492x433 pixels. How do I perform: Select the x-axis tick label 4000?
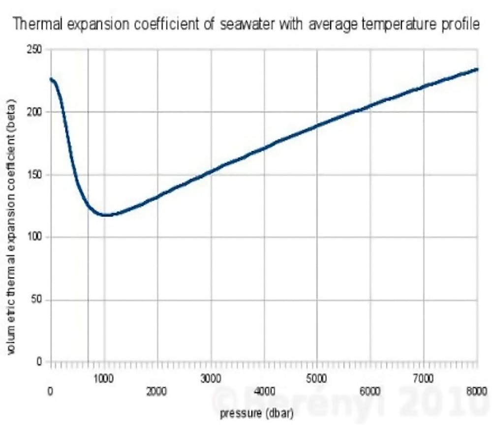[x=264, y=391]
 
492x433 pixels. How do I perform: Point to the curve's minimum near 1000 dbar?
[x=105, y=215]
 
